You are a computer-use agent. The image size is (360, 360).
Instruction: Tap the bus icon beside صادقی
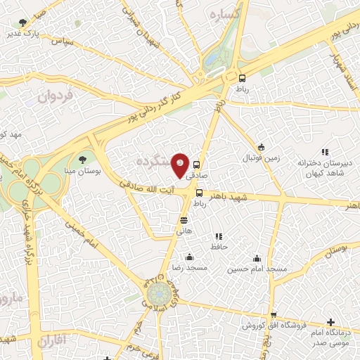tap(196, 165)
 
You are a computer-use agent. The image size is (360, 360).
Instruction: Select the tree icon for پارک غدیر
tap(25, 23)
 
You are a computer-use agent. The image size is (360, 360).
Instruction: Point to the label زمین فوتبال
tap(262, 158)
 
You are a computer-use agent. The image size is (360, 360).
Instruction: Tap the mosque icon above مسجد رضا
tap(190, 257)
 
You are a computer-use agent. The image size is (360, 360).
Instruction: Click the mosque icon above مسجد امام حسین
tap(257, 257)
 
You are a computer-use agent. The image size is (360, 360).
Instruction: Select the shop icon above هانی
tap(184, 221)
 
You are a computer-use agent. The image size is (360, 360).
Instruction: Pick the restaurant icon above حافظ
tap(219, 236)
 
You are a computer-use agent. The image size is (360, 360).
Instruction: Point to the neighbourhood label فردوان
tap(54, 94)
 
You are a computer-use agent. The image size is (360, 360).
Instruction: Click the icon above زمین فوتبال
tap(262, 147)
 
